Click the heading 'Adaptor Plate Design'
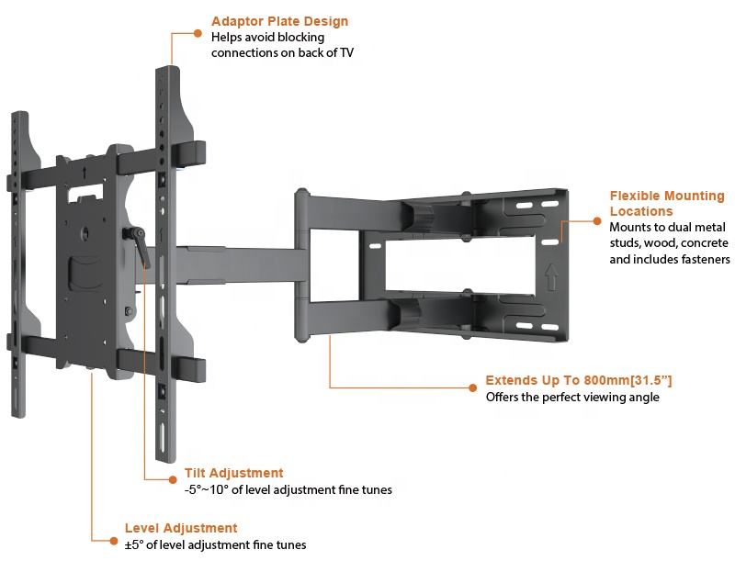click(279, 21)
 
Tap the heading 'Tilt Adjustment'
click(233, 473)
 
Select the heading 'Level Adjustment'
click(181, 528)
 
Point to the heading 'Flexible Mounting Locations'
click(666, 203)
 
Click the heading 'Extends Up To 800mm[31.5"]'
click(584, 380)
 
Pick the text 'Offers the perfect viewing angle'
click(571, 398)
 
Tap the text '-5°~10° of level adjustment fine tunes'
click(288, 490)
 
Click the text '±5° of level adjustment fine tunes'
click(216, 545)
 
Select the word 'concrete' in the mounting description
click(704, 243)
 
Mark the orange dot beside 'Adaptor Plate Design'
click(198, 34)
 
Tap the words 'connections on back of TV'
click(282, 53)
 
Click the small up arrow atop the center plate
click(85, 169)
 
